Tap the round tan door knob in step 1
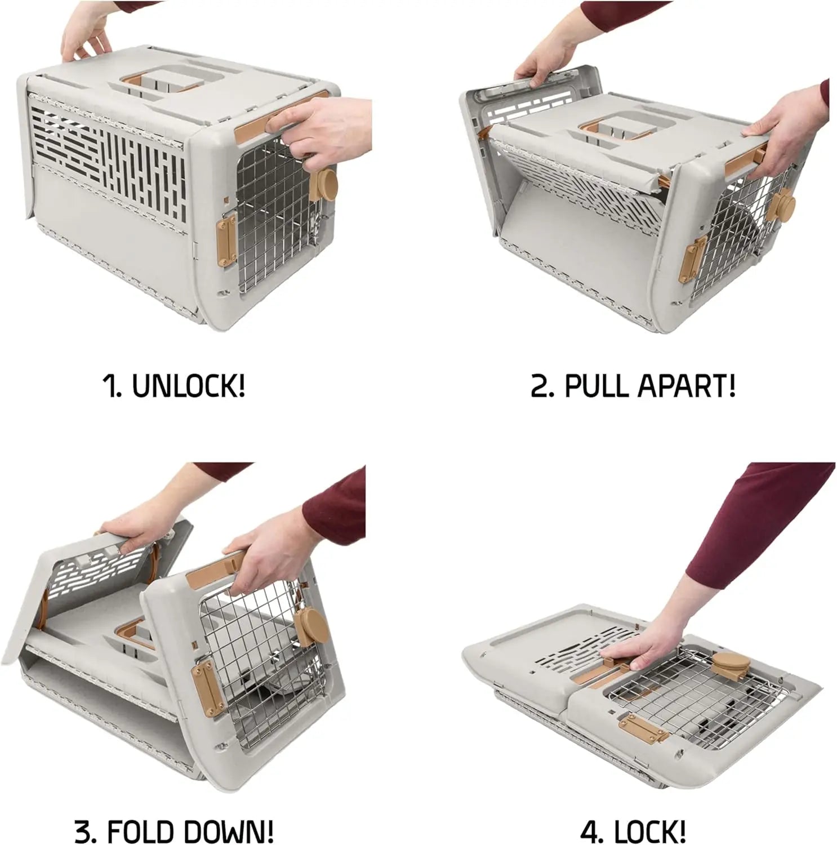[x=324, y=185]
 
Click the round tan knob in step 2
[x=783, y=206]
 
